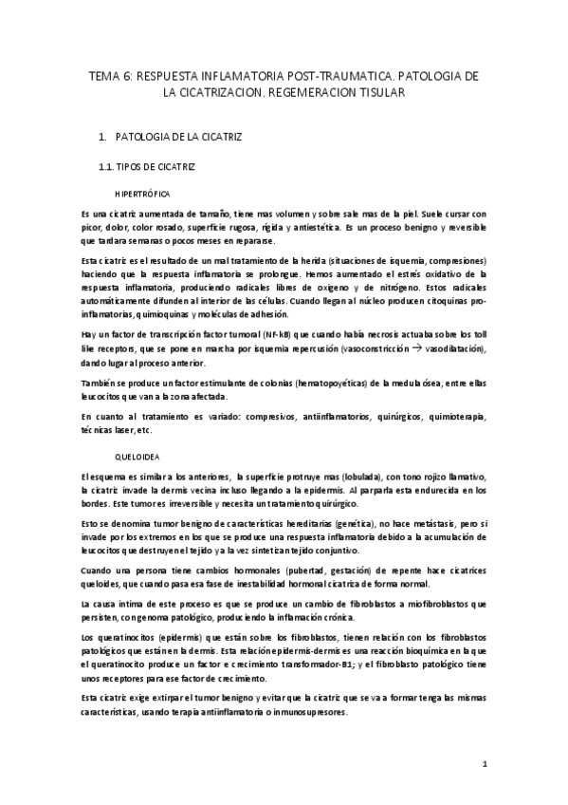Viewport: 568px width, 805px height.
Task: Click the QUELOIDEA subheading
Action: coord(138,456)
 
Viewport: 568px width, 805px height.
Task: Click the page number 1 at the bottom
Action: coord(484,762)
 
